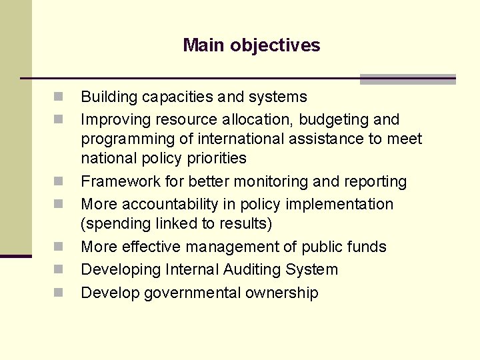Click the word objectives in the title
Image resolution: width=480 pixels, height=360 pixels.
pyautogui.click(x=275, y=45)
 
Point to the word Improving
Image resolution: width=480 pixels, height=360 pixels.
pyautogui.click(x=115, y=120)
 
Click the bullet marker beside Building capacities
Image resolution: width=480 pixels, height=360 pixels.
pyautogui.click(x=59, y=97)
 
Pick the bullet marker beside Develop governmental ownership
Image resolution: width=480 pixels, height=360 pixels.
pyautogui.click(x=59, y=293)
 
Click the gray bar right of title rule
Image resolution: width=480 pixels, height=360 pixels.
pyautogui.click(x=407, y=79)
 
